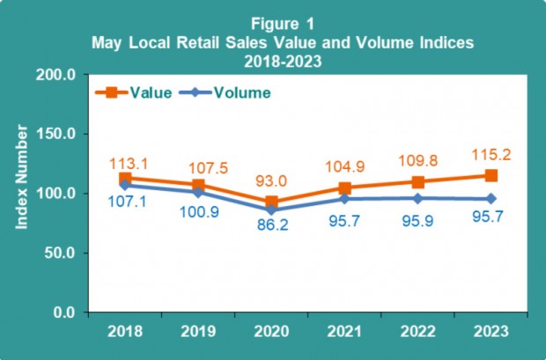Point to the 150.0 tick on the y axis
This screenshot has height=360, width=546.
[x=55, y=134]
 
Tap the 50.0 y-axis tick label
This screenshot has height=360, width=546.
[x=59, y=253]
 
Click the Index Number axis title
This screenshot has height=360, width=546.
[x=23, y=179]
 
